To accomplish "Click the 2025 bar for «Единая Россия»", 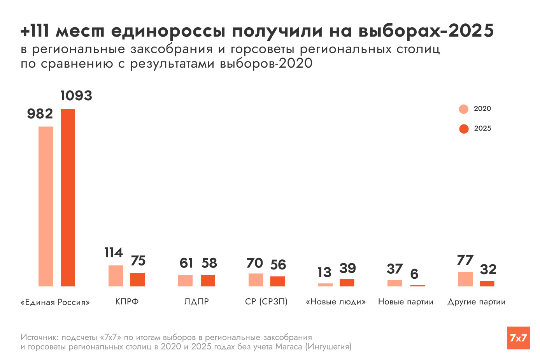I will tap(68, 197).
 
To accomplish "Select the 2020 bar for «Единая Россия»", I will tap(46, 206).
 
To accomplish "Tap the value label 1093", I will tap(76, 96).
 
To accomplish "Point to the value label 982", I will tap(40, 114).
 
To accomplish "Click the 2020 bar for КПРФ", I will tap(116, 276).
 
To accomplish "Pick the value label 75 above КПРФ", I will tap(138, 260).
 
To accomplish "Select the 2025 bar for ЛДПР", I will tap(208, 281).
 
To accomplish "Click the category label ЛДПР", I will tap(196, 302).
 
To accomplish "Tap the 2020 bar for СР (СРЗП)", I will tap(256, 280).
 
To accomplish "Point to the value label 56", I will tap(278, 265).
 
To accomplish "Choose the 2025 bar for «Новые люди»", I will tap(347, 282).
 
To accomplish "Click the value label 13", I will tap(324, 272).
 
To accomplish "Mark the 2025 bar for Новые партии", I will tap(417, 285).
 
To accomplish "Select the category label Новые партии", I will tap(406, 302).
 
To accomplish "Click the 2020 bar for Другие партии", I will tap(465, 279).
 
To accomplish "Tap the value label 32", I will tap(488, 269).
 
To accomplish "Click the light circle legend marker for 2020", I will tap(464, 109).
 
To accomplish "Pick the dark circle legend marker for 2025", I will tap(464, 129).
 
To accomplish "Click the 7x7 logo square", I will tap(518, 338).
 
